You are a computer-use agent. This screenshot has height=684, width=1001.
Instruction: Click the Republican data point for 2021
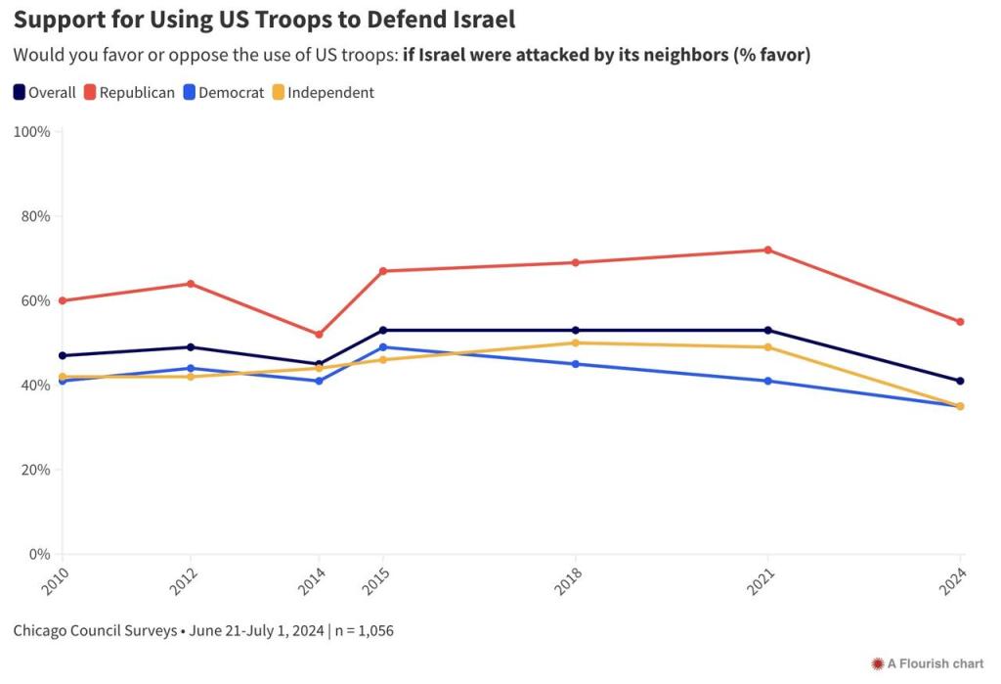coord(768,250)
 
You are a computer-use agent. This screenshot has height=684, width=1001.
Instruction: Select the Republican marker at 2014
coord(319,335)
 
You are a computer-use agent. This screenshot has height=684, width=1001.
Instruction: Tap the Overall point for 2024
coord(960,381)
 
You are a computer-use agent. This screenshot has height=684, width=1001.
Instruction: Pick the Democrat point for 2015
coord(383,347)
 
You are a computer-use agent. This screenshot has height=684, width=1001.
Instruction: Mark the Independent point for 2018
coord(576,342)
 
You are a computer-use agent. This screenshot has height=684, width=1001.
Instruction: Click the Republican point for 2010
coord(63,300)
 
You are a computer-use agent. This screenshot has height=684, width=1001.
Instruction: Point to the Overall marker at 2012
coord(191,347)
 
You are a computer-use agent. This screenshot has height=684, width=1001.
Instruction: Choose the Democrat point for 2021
coord(768,381)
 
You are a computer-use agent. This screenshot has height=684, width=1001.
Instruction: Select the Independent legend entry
coord(323,93)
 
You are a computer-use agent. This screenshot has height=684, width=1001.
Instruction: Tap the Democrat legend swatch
coord(190,93)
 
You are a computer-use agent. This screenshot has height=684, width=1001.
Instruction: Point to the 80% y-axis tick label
coord(35,216)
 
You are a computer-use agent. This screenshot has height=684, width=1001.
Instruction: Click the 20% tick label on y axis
coord(35,470)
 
